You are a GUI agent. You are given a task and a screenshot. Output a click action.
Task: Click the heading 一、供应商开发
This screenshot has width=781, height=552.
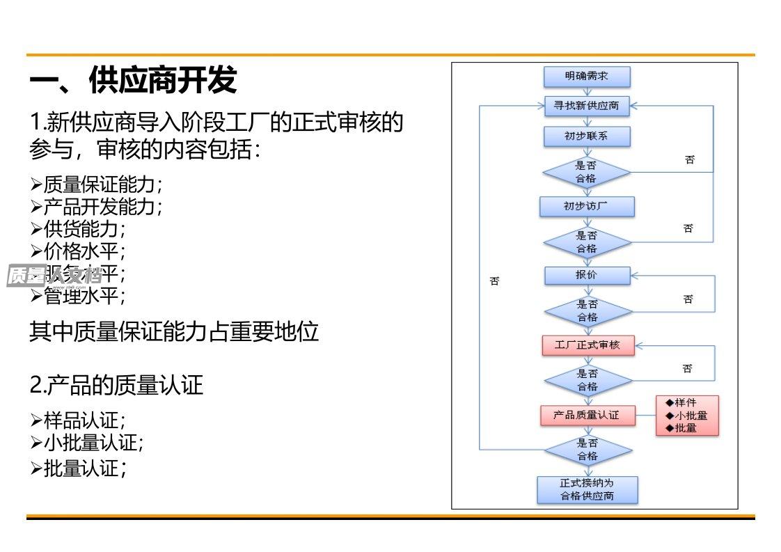pyautogui.click(x=133, y=80)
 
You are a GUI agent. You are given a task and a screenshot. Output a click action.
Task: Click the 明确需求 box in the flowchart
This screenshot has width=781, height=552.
pyautogui.click(x=587, y=77)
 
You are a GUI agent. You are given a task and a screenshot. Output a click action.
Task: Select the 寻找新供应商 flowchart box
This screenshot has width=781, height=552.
pyautogui.click(x=587, y=107)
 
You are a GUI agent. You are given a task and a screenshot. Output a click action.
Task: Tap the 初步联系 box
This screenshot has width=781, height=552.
pyautogui.click(x=587, y=136)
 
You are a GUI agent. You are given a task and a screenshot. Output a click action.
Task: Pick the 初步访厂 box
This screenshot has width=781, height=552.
pyautogui.click(x=587, y=207)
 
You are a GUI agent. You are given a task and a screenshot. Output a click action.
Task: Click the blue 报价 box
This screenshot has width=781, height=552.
pyautogui.click(x=587, y=275)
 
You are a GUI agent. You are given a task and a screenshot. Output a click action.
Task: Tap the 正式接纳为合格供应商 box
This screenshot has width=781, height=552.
pyautogui.click(x=587, y=489)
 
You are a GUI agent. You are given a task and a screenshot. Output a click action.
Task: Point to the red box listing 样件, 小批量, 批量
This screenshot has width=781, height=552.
pyautogui.click(x=686, y=416)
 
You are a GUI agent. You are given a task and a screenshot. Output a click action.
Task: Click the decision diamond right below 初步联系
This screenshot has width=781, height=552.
pyautogui.click(x=587, y=172)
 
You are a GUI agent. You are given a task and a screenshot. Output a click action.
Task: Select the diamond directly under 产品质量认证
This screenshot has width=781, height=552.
pyautogui.click(x=587, y=450)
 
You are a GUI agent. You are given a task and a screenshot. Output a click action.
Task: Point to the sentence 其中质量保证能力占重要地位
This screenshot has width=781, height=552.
pyautogui.click(x=174, y=331)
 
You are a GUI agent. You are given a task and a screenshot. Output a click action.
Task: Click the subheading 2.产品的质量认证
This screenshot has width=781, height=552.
pyautogui.click(x=116, y=385)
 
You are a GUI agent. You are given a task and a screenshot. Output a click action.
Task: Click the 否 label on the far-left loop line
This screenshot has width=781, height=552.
pyautogui.click(x=494, y=282)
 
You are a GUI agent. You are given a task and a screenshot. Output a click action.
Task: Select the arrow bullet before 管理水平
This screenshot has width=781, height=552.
pyautogui.click(x=36, y=296)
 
